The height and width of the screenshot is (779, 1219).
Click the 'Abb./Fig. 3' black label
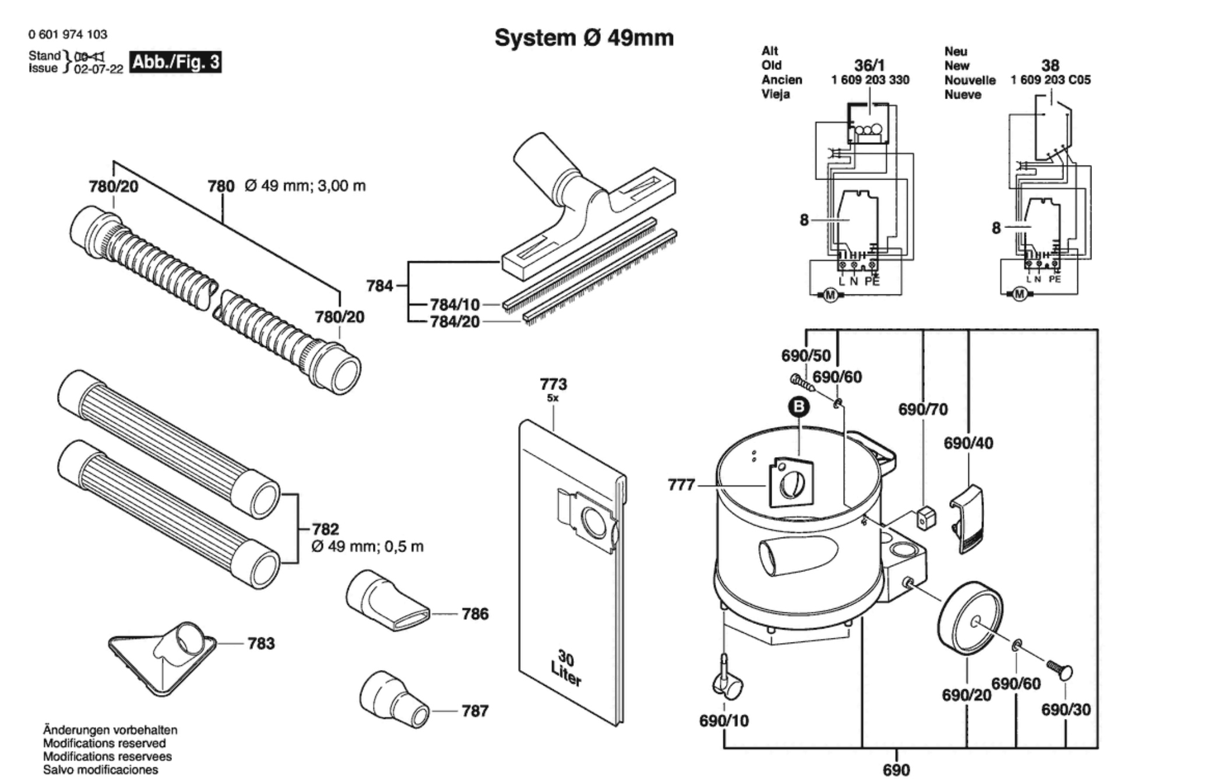pyautogui.click(x=175, y=62)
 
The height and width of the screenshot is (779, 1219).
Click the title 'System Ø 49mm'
pyautogui.click(x=584, y=38)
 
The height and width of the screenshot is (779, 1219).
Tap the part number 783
pyautogui.click(x=260, y=643)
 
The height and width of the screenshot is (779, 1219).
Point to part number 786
pyautogui.click(x=475, y=613)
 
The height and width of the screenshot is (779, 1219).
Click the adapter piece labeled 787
pyautogui.click(x=393, y=700)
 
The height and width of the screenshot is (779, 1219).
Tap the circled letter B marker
pyautogui.click(x=799, y=406)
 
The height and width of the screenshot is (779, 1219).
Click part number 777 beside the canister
pyautogui.click(x=681, y=485)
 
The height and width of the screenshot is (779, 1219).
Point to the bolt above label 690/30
pyautogui.click(x=1060, y=669)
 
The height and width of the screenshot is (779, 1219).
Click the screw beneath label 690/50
pyautogui.click(x=802, y=383)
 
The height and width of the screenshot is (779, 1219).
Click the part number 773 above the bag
pyautogui.click(x=553, y=384)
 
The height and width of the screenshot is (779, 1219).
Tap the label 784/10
pyautogui.click(x=455, y=304)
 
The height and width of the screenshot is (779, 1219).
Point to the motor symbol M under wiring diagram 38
pyautogui.click(x=1019, y=294)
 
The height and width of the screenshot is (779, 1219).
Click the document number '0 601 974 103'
pyautogui.click(x=68, y=34)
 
